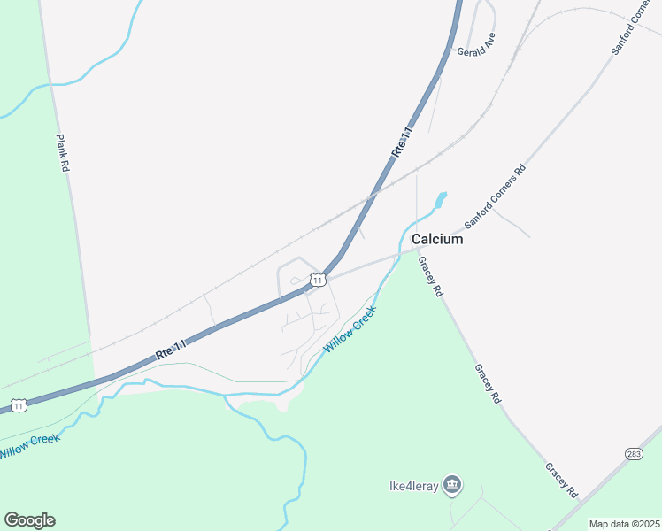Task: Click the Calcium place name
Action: point(437,240)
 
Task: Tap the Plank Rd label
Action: point(62,152)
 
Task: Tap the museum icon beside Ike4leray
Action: point(452,484)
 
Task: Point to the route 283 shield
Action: point(634,454)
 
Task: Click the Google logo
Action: point(29,520)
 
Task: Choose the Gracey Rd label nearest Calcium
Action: point(430,276)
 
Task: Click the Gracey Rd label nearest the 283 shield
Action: point(561,480)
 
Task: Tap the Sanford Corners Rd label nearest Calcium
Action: point(496,196)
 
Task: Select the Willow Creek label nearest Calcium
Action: point(350,329)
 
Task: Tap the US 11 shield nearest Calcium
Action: point(317,280)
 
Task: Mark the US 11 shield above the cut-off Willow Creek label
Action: point(18,405)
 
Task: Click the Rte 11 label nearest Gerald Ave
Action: point(403,142)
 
